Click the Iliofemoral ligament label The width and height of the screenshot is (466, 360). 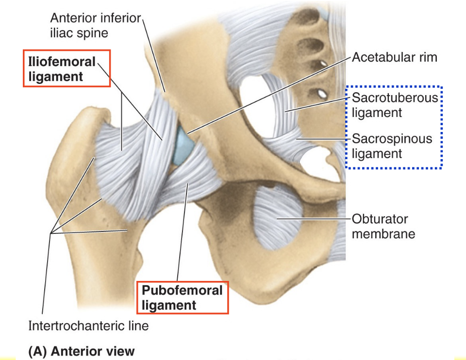(x=61, y=69)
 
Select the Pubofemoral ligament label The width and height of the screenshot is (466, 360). (x=182, y=297)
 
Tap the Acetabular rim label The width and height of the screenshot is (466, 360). (x=394, y=57)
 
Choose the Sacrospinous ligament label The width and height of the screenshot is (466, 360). (x=392, y=146)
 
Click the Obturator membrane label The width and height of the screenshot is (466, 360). (x=383, y=226)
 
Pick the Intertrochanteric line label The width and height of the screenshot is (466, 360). (x=88, y=325)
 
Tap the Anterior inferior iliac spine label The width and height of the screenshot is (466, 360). (x=95, y=26)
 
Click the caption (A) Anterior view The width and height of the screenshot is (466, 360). (x=82, y=351)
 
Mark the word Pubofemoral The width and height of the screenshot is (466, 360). (x=182, y=291)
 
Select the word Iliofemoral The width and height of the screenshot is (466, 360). (x=61, y=62)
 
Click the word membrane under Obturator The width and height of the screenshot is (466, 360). (x=383, y=234)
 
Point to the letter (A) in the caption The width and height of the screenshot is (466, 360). (x=37, y=351)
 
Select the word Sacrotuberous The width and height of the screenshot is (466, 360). (x=395, y=98)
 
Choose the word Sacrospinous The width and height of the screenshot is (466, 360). (x=392, y=139)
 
